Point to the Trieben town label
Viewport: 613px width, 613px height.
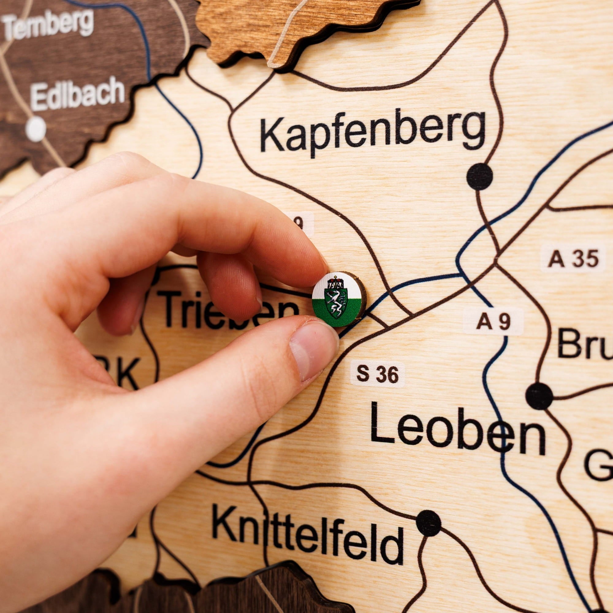tap(222, 309)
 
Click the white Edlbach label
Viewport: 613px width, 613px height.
tap(78, 93)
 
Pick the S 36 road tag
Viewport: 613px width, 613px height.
tap(377, 375)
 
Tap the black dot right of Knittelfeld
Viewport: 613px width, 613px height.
tap(429, 523)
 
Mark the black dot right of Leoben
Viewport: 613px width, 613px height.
tap(539, 396)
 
